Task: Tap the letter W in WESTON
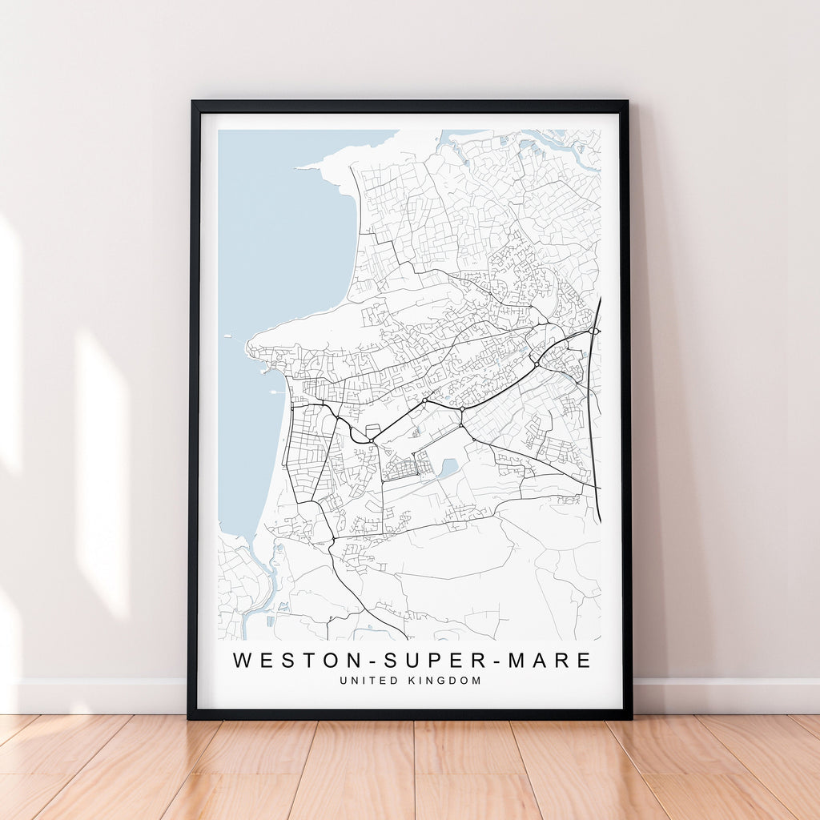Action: click(241, 661)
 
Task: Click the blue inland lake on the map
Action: click(448, 467)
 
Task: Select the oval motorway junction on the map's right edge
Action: click(593, 330)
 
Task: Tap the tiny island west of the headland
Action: click(228, 336)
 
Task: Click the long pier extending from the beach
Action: click(276, 392)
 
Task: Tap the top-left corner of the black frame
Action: click(192, 102)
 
